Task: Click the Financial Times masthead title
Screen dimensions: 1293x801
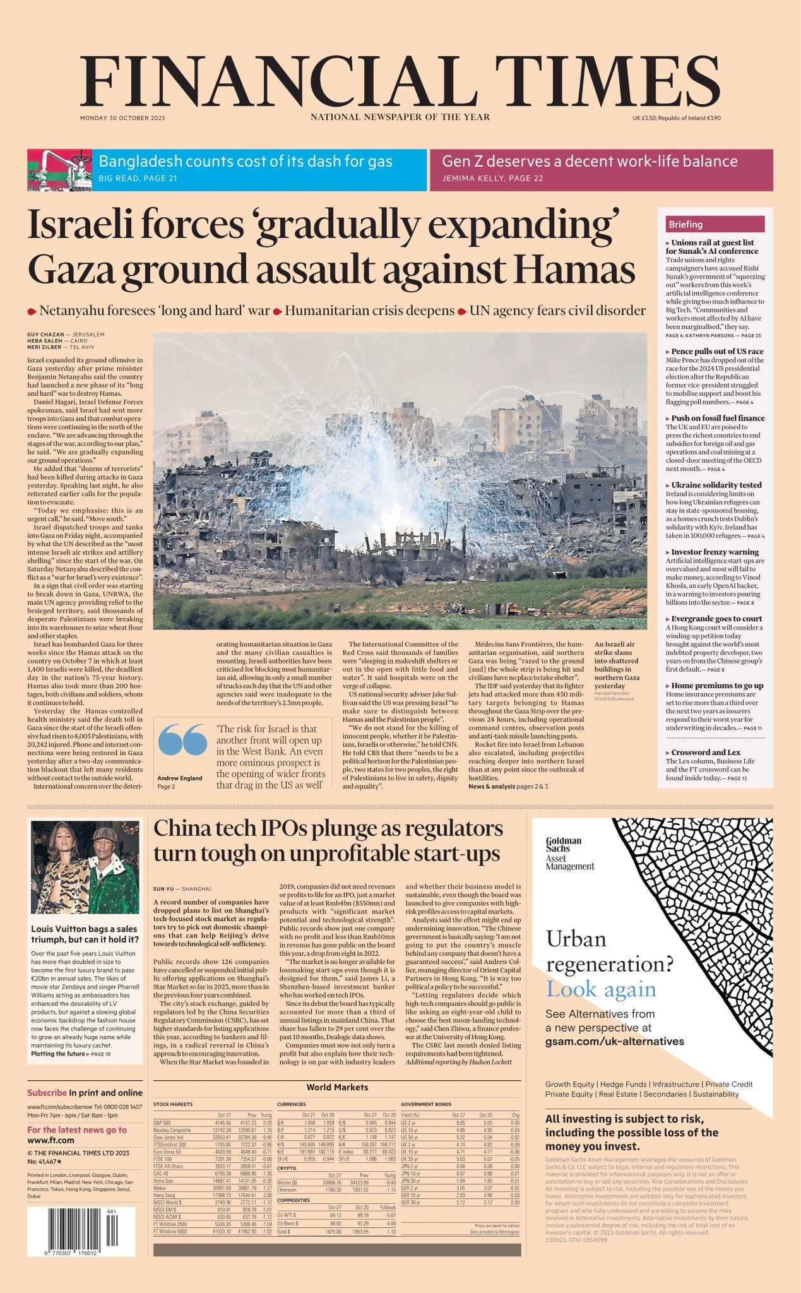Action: click(400, 80)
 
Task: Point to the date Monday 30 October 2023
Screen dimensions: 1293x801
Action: click(122, 118)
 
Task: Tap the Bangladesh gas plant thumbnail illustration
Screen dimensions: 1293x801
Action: click(59, 170)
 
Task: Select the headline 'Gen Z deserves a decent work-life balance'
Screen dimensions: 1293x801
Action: click(590, 162)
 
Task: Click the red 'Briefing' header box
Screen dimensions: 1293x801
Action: click(715, 224)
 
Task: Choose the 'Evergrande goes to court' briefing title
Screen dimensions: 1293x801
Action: click(716, 619)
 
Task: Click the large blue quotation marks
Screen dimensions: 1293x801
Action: click(182, 739)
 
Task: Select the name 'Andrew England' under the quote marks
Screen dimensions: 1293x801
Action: click(180, 778)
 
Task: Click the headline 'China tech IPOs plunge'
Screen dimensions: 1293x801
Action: click(328, 829)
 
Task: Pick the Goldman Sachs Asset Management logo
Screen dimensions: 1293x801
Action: click(569, 854)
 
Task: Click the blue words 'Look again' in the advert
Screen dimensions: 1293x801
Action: click(601, 989)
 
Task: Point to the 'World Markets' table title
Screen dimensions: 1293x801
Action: click(337, 1087)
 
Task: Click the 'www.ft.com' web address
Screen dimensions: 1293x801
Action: click(50, 1140)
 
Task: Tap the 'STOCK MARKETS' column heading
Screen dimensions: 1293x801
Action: click(172, 1104)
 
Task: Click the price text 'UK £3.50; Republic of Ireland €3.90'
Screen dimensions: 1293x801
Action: click(676, 118)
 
